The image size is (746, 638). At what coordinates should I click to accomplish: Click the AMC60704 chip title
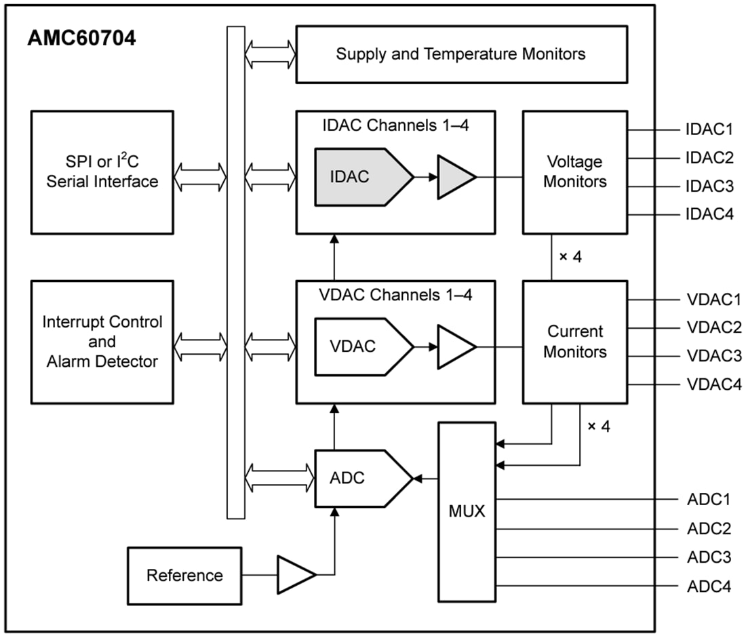point(81,39)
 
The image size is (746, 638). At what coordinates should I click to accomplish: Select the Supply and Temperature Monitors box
point(461,54)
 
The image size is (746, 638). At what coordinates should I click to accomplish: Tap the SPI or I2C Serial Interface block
point(102,172)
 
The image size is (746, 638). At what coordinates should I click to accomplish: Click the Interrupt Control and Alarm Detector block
point(102,342)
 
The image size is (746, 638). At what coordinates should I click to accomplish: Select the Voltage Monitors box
point(574,172)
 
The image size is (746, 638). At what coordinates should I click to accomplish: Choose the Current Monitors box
point(574,342)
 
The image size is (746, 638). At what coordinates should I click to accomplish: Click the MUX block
point(467,512)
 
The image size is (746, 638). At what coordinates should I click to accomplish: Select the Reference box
point(184,576)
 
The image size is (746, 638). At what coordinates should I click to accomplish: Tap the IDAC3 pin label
point(709,186)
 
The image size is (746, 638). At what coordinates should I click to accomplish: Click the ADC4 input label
point(709,586)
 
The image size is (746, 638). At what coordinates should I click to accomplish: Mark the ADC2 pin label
point(709,529)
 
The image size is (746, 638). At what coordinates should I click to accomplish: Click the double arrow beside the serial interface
point(200,177)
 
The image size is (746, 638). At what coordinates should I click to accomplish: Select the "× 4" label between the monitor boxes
point(570,257)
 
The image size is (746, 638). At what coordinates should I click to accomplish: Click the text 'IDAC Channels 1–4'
point(395,125)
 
